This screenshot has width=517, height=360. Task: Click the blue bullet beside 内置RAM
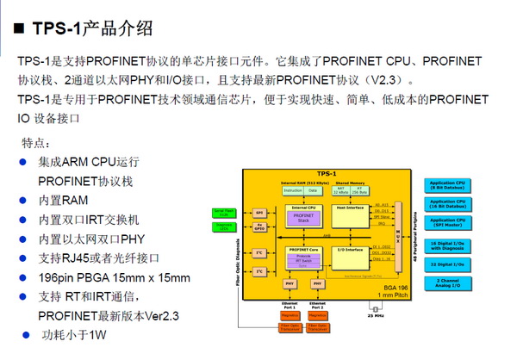pos(22,200)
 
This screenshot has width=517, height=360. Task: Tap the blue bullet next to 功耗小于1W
pos(26,334)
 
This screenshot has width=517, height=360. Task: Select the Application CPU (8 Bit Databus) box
pos(449,184)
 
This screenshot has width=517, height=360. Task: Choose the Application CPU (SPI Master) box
pos(449,221)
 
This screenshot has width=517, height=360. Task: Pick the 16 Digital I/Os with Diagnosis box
pos(449,245)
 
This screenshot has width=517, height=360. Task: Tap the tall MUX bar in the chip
pos(397,233)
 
